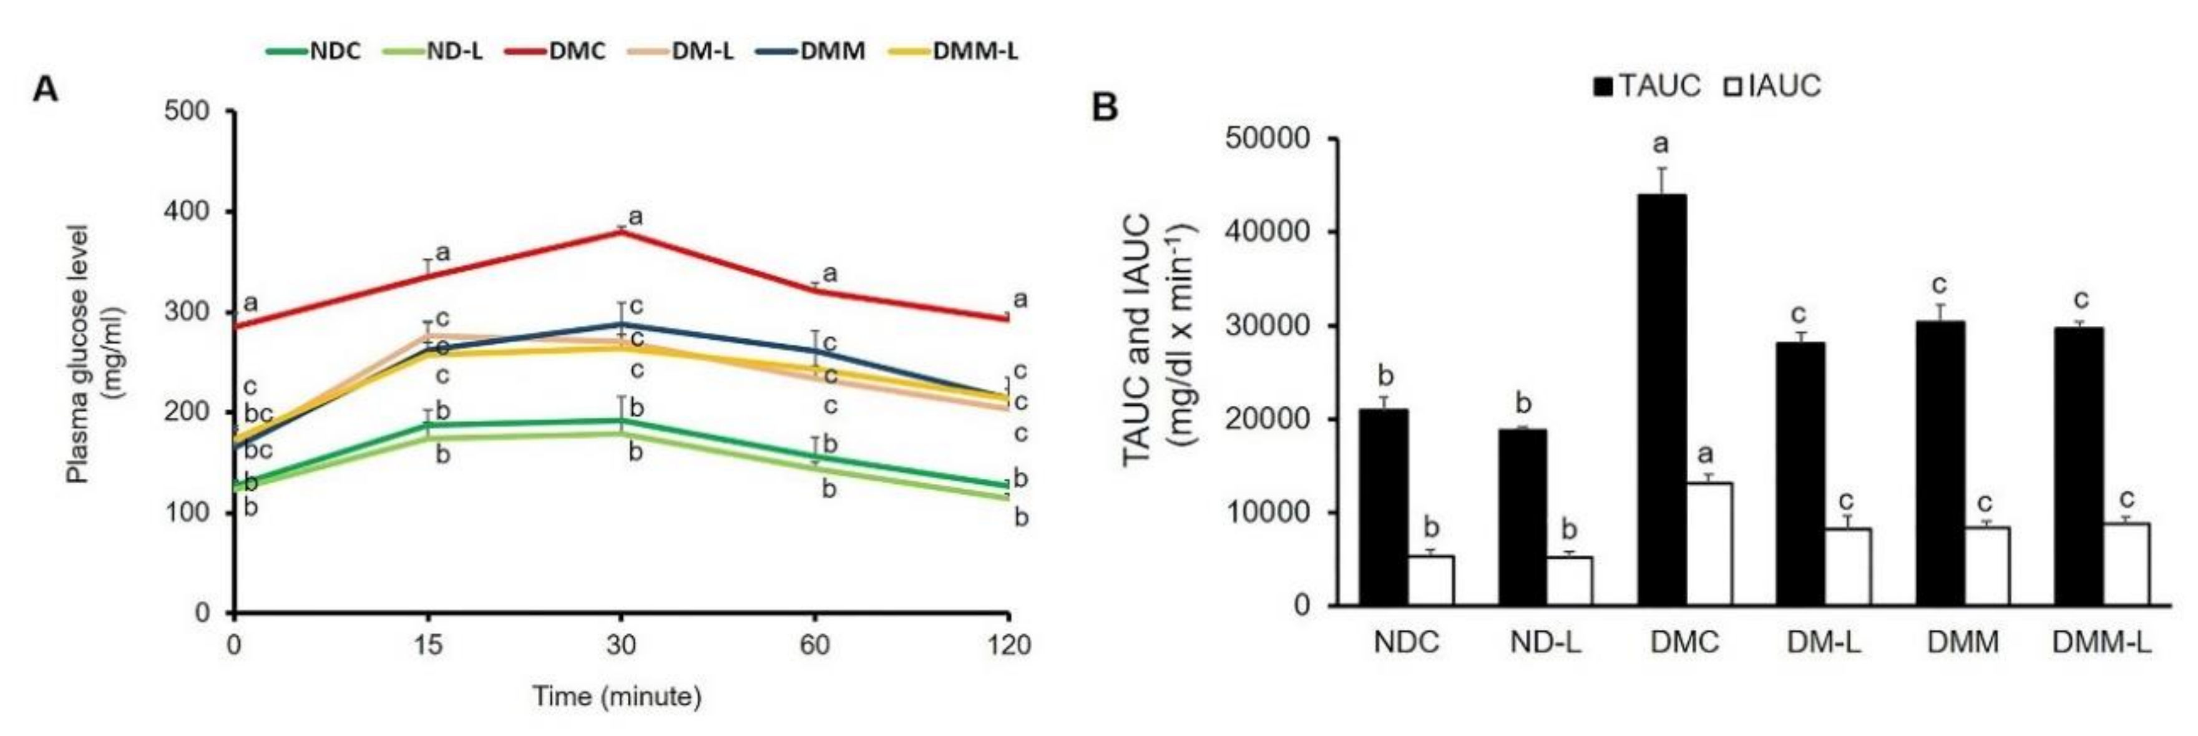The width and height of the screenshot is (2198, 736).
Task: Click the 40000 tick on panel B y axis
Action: [1266, 232]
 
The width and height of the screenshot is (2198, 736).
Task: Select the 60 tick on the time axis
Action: [815, 645]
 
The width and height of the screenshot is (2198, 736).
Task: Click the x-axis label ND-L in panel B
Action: [1545, 642]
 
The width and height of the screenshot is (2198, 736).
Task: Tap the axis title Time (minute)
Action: [617, 697]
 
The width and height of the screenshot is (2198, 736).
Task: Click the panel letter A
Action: [45, 88]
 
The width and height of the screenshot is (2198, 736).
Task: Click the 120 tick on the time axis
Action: [1009, 645]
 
